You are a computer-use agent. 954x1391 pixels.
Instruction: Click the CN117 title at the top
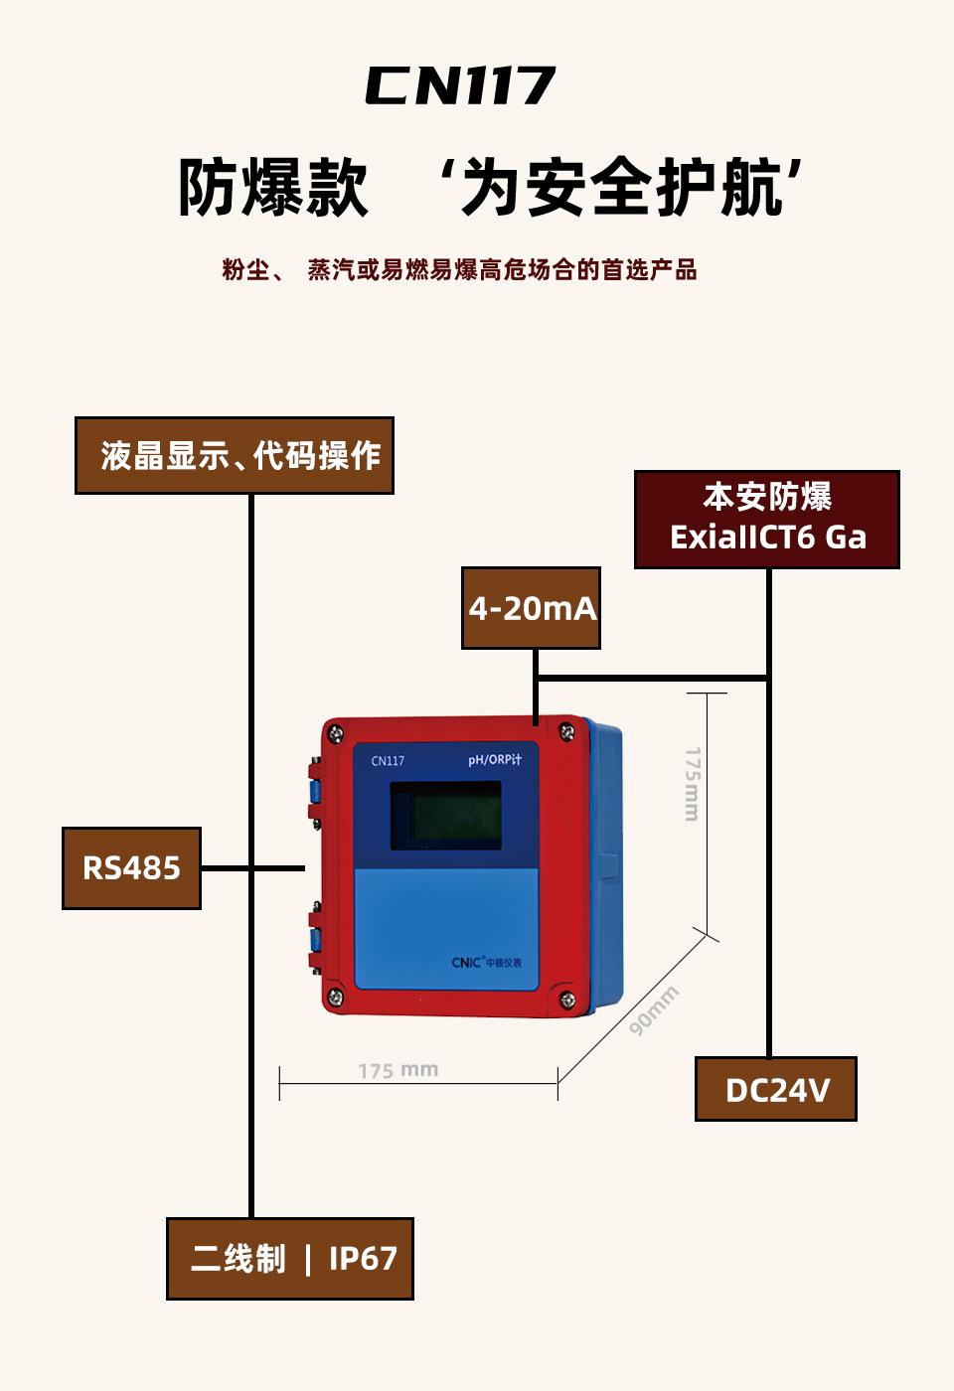[x=460, y=85]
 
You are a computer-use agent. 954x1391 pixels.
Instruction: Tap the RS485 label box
[x=131, y=868]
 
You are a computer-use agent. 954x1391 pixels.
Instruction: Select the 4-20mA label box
[x=531, y=608]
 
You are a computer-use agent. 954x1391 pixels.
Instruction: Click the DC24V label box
[x=776, y=1089]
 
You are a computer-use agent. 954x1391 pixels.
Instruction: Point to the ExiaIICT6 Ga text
[x=767, y=538]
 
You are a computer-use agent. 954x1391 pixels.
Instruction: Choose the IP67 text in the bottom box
[x=363, y=1259]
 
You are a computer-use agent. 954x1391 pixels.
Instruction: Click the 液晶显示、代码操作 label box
[x=235, y=455]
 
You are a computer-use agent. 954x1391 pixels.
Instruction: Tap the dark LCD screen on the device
[x=445, y=816]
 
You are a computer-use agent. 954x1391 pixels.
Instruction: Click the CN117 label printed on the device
[x=388, y=761]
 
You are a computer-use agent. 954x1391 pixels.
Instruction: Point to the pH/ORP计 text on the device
[x=495, y=759]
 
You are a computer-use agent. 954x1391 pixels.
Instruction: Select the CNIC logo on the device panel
[x=486, y=963]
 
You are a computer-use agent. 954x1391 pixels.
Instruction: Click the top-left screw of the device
[x=336, y=733]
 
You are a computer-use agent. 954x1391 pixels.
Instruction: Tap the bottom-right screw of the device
[x=567, y=1000]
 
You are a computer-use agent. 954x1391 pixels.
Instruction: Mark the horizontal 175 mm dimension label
[x=398, y=1070]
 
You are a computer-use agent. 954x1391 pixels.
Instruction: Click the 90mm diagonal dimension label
[x=654, y=1010]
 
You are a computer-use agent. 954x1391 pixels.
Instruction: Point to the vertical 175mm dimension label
[x=693, y=784]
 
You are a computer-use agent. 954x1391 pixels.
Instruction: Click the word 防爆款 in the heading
[x=273, y=187]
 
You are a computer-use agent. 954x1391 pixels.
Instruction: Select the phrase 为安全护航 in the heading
[x=621, y=187]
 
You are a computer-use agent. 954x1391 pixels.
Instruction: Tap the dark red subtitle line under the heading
[x=459, y=270]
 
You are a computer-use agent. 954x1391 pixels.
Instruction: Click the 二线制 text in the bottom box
[x=238, y=1259]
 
